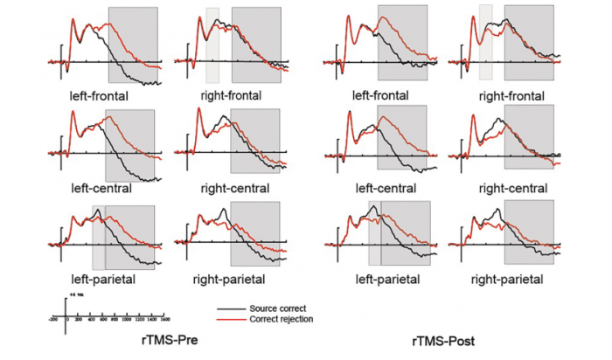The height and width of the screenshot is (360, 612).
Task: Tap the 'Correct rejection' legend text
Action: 282,319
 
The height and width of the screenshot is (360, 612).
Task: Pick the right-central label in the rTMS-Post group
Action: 514,188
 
